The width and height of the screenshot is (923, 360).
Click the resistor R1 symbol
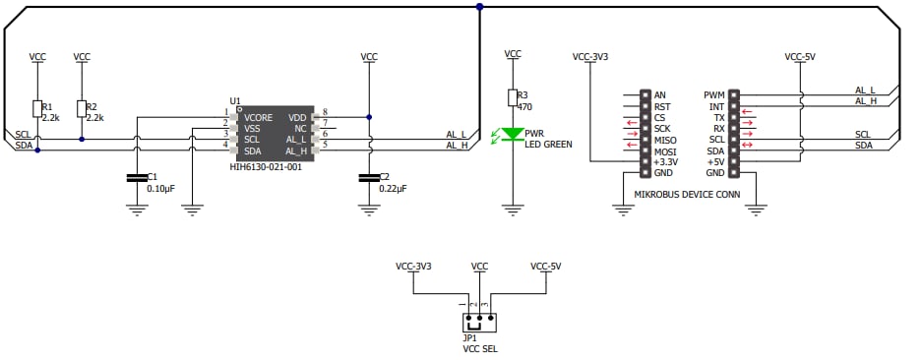coord(37,108)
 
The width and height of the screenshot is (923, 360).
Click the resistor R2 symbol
coord(82,108)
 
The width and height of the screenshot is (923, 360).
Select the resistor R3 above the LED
coord(512,96)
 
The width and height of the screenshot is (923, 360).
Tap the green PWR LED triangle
coord(512,133)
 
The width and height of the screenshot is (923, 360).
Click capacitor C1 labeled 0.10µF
coord(136,178)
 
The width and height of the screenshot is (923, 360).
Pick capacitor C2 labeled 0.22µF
coord(369,178)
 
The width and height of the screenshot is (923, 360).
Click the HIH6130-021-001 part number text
coord(266,167)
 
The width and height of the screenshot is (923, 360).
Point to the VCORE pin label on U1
coord(258,117)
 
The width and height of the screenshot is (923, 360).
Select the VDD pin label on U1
coord(297,117)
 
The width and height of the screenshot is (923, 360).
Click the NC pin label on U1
coord(300,128)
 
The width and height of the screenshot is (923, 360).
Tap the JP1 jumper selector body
coord(479,321)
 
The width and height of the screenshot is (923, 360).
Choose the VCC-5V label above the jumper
coord(545,267)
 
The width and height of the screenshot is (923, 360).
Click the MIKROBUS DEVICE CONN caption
coord(688,194)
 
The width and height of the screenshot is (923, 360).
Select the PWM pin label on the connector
coord(714,95)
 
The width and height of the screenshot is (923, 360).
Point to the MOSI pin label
coord(665,150)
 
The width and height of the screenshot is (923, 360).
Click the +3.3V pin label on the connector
coord(666,161)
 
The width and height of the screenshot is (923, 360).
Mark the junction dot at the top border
coord(479,7)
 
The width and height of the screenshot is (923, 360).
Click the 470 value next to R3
coord(524,106)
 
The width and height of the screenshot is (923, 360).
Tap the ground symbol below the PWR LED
coord(512,209)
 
